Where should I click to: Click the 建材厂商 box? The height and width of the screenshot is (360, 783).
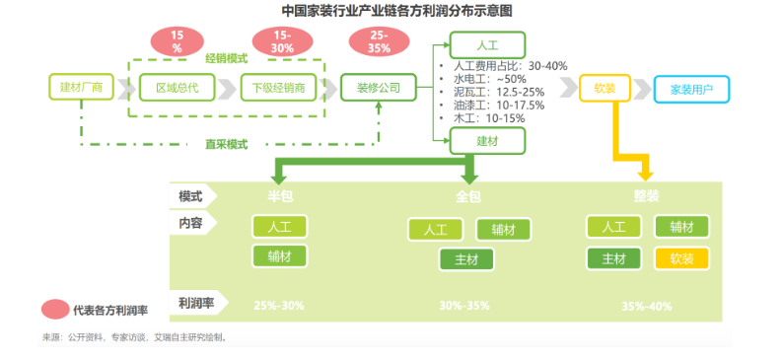tap(82, 88)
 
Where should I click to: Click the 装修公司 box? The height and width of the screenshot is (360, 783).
tap(379, 88)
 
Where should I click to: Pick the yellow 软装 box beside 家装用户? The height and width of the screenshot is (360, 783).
tap(605, 88)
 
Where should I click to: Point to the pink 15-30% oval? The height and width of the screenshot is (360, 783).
tap(281, 41)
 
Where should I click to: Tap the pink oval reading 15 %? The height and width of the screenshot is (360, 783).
tap(178, 41)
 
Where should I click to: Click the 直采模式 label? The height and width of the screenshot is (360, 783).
tap(226, 143)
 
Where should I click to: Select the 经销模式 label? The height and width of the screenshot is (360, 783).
tap(226, 58)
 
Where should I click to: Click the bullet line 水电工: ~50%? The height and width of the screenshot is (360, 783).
tap(489, 78)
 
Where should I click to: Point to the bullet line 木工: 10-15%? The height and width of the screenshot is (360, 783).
tap(488, 117)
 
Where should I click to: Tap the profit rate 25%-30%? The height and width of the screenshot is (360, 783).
tap(279, 305)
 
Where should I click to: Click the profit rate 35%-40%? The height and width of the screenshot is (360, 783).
tap(647, 305)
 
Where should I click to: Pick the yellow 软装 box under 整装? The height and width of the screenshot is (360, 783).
tap(680, 258)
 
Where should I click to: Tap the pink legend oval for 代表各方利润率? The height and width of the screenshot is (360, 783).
tap(54, 310)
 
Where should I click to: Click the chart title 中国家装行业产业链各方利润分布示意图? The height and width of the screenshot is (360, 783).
tap(391, 11)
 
